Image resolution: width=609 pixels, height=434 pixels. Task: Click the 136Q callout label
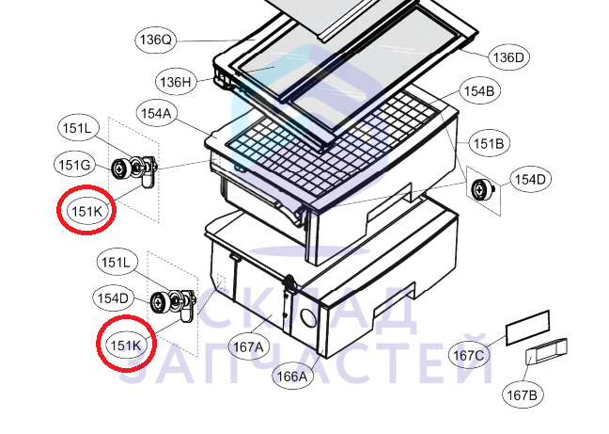pyautogui.click(x=155, y=40)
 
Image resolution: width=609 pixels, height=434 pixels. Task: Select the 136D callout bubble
pyautogui.click(x=508, y=57)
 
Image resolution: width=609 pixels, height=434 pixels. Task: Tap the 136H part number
pyautogui.click(x=176, y=82)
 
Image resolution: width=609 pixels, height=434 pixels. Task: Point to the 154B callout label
pyautogui.click(x=479, y=91)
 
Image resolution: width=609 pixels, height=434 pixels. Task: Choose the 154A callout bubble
pyautogui.click(x=156, y=114)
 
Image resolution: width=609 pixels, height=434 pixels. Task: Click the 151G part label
pyautogui.click(x=74, y=165)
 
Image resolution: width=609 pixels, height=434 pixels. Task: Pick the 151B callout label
pyautogui.click(x=489, y=143)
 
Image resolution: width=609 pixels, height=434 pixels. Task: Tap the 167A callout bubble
pyautogui.click(x=248, y=346)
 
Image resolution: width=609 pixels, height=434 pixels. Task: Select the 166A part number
pyautogui.click(x=292, y=377)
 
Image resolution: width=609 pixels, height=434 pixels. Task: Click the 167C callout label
pyautogui.click(x=468, y=355)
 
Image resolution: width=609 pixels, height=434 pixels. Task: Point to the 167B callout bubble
pyautogui.click(x=523, y=395)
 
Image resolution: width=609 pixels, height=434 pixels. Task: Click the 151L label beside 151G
pyautogui.click(x=78, y=128)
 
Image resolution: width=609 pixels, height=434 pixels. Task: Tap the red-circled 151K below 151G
pyautogui.click(x=86, y=211)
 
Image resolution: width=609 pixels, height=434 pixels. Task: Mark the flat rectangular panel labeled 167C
pyautogui.click(x=528, y=328)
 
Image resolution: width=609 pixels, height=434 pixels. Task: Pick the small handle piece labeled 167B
pyautogui.click(x=546, y=351)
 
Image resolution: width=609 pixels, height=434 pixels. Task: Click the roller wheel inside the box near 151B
pyautogui.click(x=479, y=190)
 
